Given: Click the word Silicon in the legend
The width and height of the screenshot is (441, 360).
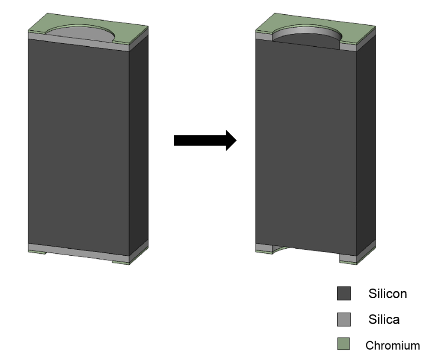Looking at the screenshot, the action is pyautogui.click(x=387, y=294).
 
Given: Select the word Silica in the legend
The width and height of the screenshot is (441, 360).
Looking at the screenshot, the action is pyautogui.click(x=383, y=320).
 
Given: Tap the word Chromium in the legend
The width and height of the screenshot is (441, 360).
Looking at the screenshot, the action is pyautogui.click(x=392, y=346).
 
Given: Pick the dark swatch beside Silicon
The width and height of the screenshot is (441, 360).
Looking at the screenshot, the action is pyautogui.click(x=344, y=294).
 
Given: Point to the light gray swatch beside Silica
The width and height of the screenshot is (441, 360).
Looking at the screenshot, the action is pyautogui.click(x=344, y=320).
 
